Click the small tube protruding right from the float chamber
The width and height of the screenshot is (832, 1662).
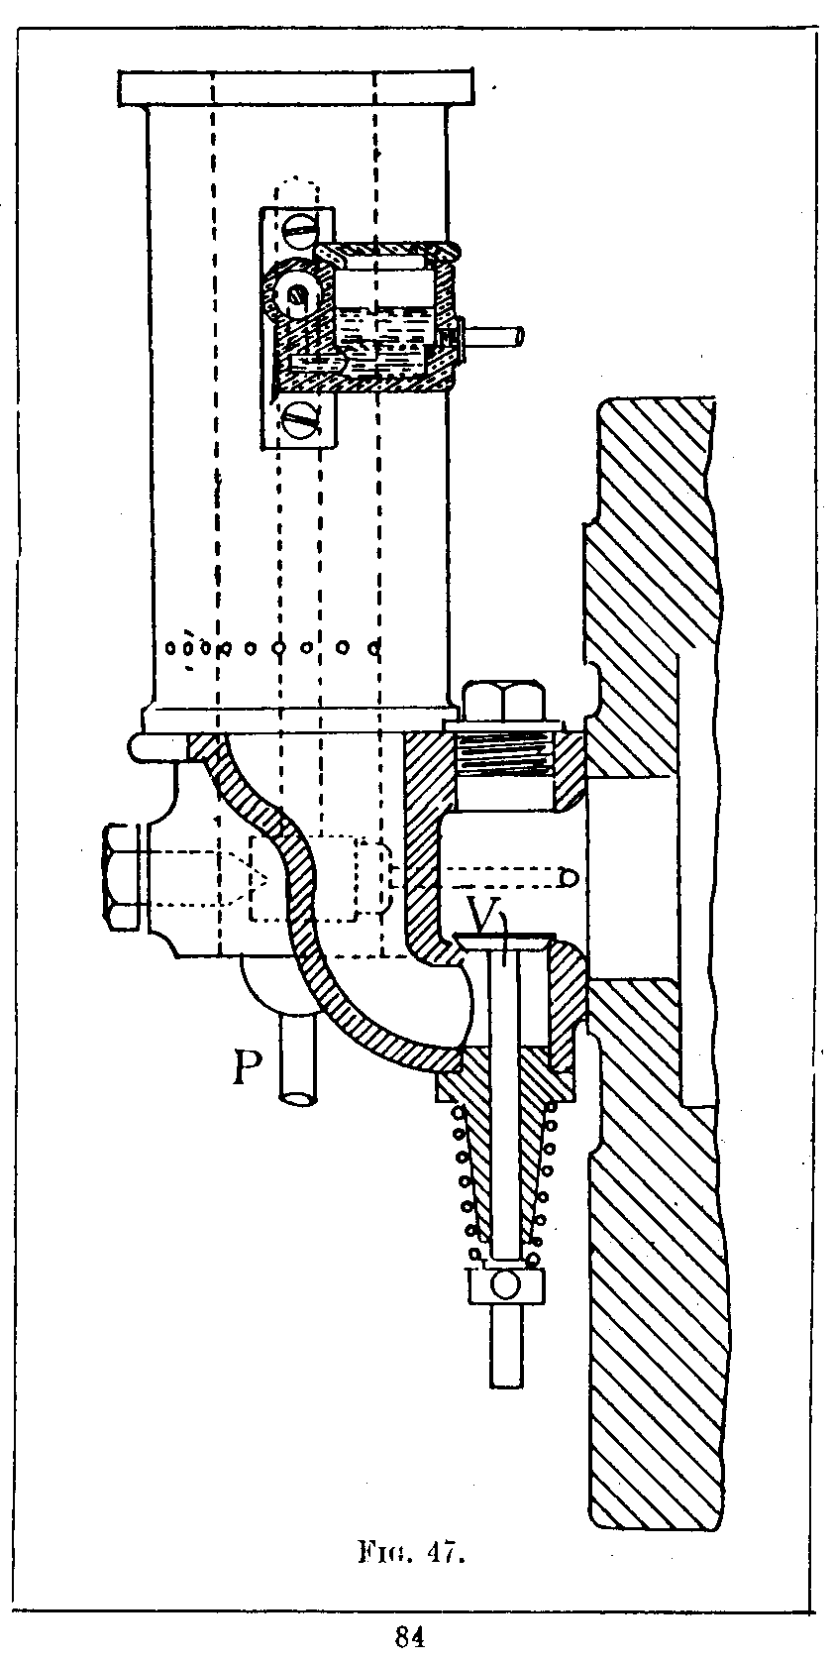[x=495, y=337]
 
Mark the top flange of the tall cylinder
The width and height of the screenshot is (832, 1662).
[x=294, y=87]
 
